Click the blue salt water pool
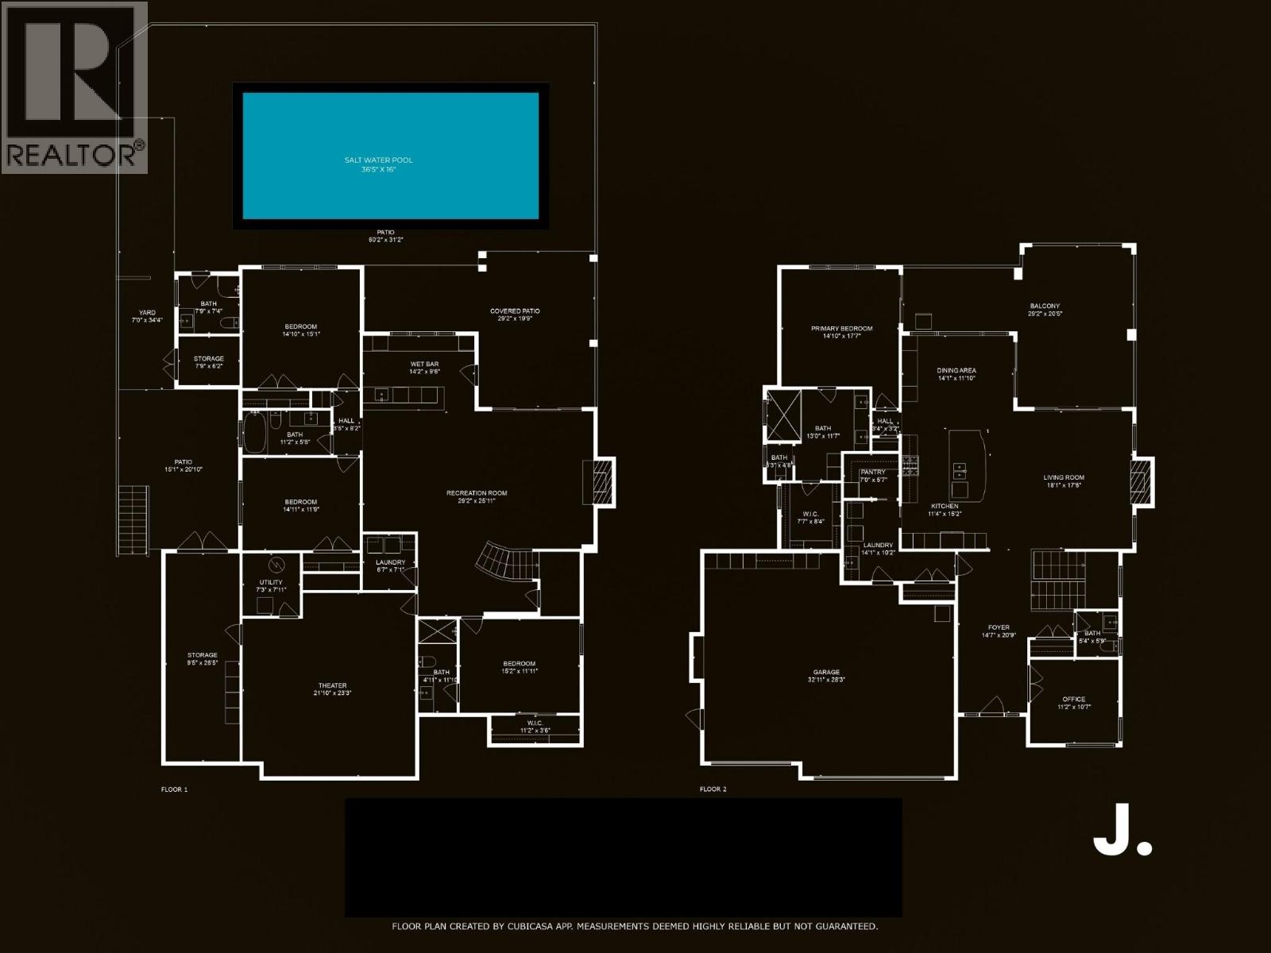[390, 155]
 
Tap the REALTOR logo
[74, 87]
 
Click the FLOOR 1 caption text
[174, 789]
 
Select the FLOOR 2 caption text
[713, 789]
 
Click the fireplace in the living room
[1142, 481]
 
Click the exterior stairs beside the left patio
[133, 522]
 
